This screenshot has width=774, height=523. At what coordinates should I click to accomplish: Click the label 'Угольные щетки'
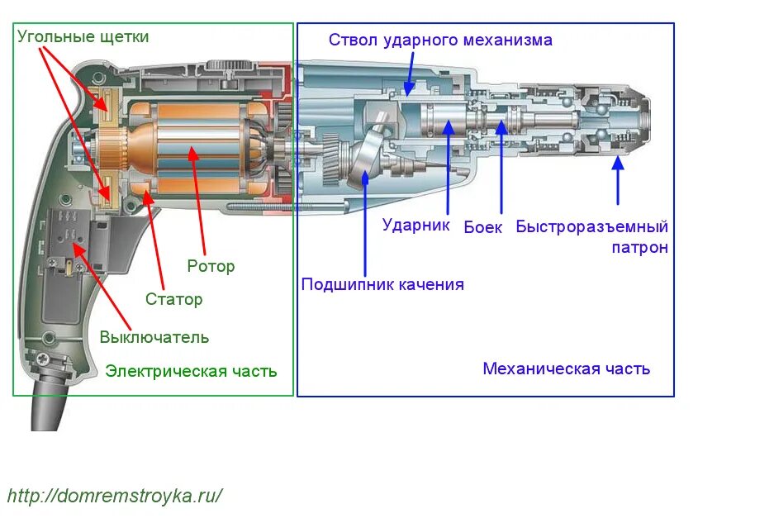click(83, 37)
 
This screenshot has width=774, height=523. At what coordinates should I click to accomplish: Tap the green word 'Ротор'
click(211, 266)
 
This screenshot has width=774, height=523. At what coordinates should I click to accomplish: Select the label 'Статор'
click(173, 299)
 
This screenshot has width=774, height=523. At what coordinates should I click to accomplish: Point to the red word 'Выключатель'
click(154, 337)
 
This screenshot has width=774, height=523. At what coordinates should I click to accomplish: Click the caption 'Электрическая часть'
click(191, 371)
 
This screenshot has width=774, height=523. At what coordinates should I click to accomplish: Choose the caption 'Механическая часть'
click(566, 368)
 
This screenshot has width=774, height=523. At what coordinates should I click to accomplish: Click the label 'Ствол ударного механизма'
click(440, 40)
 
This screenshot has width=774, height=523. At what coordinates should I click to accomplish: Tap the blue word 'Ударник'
click(415, 225)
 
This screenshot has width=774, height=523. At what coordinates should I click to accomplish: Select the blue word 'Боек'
click(482, 227)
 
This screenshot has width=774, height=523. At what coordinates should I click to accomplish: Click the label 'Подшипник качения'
click(382, 284)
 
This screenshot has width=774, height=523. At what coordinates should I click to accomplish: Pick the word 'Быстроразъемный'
click(591, 226)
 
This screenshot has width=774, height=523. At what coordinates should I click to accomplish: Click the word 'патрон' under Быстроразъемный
click(639, 247)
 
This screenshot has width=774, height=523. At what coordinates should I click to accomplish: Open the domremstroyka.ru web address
click(116, 496)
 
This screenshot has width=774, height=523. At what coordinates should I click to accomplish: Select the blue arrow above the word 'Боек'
click(501, 165)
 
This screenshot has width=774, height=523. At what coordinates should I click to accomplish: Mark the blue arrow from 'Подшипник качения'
click(366, 223)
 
